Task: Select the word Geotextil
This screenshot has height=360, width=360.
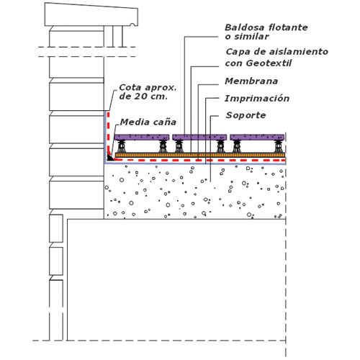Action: tap(269, 63)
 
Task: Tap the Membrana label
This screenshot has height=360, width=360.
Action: tap(251, 81)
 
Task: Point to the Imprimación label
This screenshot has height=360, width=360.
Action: tap(257, 99)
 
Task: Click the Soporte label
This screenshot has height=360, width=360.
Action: tap(246, 115)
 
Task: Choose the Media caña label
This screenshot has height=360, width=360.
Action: tap(148, 122)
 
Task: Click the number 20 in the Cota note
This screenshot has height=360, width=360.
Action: tap(139, 96)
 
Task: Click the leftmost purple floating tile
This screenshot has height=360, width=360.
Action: tap(142, 138)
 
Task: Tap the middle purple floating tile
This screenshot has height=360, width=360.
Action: tap(199, 138)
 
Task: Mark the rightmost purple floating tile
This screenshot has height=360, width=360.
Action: tap(257, 138)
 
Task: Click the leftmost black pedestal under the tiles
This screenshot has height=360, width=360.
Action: tap(122, 146)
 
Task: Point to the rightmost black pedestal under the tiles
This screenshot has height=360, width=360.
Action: tap(279, 146)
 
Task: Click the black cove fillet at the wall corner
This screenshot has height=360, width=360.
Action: tap(110, 158)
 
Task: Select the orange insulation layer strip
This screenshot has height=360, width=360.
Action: tap(200, 155)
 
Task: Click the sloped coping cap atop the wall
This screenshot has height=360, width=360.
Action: tap(91, 15)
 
